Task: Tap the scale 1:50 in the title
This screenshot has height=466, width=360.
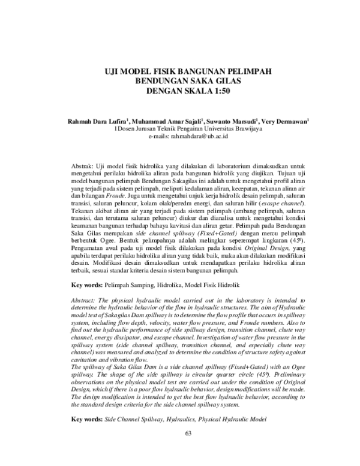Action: (217, 91)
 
